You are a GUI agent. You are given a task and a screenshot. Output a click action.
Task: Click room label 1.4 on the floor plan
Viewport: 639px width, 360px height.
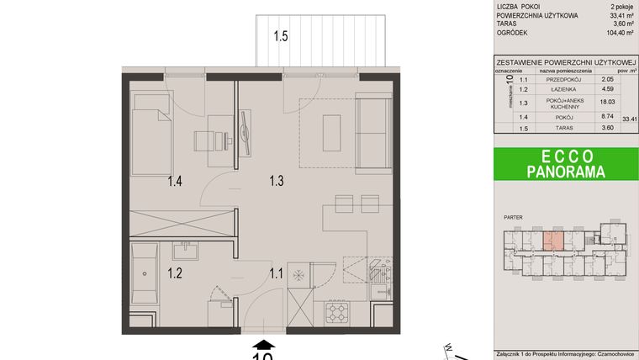click(x=175, y=180)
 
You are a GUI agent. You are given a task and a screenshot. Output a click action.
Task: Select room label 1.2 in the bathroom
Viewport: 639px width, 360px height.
click(x=175, y=272)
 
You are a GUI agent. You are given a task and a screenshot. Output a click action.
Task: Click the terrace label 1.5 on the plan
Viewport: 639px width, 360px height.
click(x=280, y=36)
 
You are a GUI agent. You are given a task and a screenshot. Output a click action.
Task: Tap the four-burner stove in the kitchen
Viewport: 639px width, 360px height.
click(x=338, y=313)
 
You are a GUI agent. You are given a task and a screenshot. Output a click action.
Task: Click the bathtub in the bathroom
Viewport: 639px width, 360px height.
click(x=145, y=273)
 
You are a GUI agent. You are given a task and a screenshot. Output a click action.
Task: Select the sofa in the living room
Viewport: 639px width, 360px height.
click(x=372, y=132)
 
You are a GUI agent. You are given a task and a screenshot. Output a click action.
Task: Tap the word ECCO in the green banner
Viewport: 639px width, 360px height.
click(x=566, y=156)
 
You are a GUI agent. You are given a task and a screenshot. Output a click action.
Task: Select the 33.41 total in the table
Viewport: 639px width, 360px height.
click(x=630, y=119)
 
